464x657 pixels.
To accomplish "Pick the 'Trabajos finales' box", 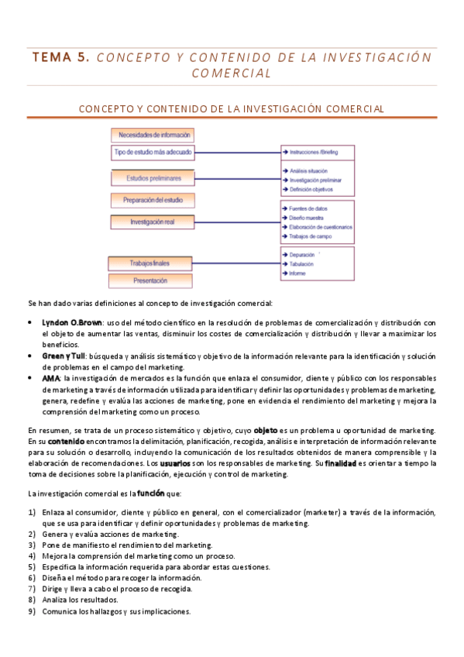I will pyautogui.click(x=150, y=263).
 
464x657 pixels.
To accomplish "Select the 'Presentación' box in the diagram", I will pyautogui.click(x=150, y=280).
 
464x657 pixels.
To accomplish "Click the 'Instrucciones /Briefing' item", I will pyautogui.click(x=318, y=153).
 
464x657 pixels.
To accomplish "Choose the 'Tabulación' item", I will pyautogui.click(x=303, y=263).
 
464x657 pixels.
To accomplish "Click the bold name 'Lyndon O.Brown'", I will pyautogui.click(x=72, y=322).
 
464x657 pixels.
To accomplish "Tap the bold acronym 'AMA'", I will pyautogui.click(x=50, y=377).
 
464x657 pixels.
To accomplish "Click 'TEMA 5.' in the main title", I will pyautogui.click(x=62, y=58).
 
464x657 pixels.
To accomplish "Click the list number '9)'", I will pyautogui.click(x=32, y=611).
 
